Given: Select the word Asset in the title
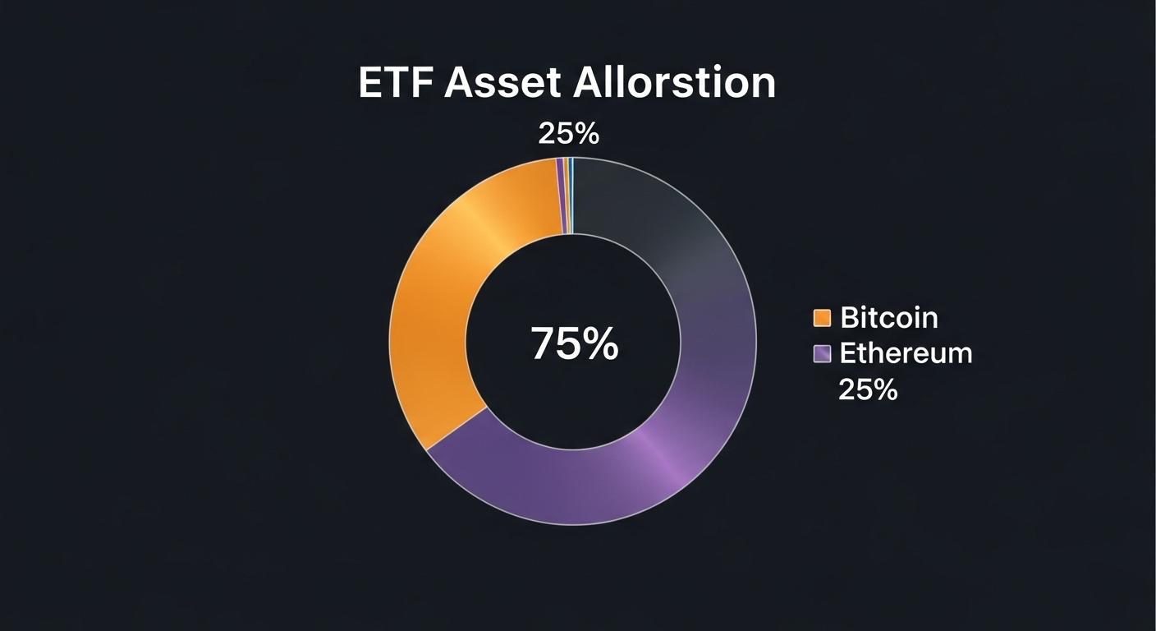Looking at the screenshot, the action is click(502, 83).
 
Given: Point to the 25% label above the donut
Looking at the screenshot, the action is click(569, 134).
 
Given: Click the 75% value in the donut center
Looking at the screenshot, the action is click(575, 343).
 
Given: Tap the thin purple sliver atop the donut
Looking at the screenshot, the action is click(560, 196).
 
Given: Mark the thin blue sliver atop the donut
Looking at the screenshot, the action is click(571, 196).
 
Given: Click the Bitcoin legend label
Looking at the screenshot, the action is click(889, 317).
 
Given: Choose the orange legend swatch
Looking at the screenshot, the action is click(822, 318).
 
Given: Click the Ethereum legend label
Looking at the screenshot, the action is click(906, 353).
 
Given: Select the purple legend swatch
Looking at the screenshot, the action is click(822, 354).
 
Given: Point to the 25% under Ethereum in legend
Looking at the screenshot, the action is click(868, 389).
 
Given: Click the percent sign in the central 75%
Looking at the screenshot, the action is click(601, 343).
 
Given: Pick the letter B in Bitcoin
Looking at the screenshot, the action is click(850, 317).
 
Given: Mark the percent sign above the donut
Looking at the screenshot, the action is click(588, 134).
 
